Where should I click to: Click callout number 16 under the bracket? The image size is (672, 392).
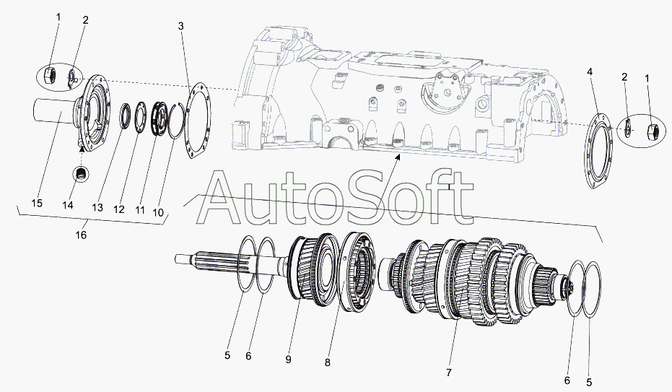click(81, 235)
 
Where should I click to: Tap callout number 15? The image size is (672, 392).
click(38, 203)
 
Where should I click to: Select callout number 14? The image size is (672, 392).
click(68, 205)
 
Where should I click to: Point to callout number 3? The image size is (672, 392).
click(181, 26)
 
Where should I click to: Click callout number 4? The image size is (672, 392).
click(590, 72)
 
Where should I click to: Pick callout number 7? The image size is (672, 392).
click(449, 373)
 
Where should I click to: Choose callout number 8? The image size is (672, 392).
click(328, 362)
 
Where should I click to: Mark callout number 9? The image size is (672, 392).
click(289, 360)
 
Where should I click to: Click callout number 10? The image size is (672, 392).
click(158, 212)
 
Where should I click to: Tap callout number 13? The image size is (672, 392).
click(97, 207)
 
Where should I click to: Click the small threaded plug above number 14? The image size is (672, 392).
click(81, 173)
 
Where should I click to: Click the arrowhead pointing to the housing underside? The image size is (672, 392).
click(398, 158)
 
